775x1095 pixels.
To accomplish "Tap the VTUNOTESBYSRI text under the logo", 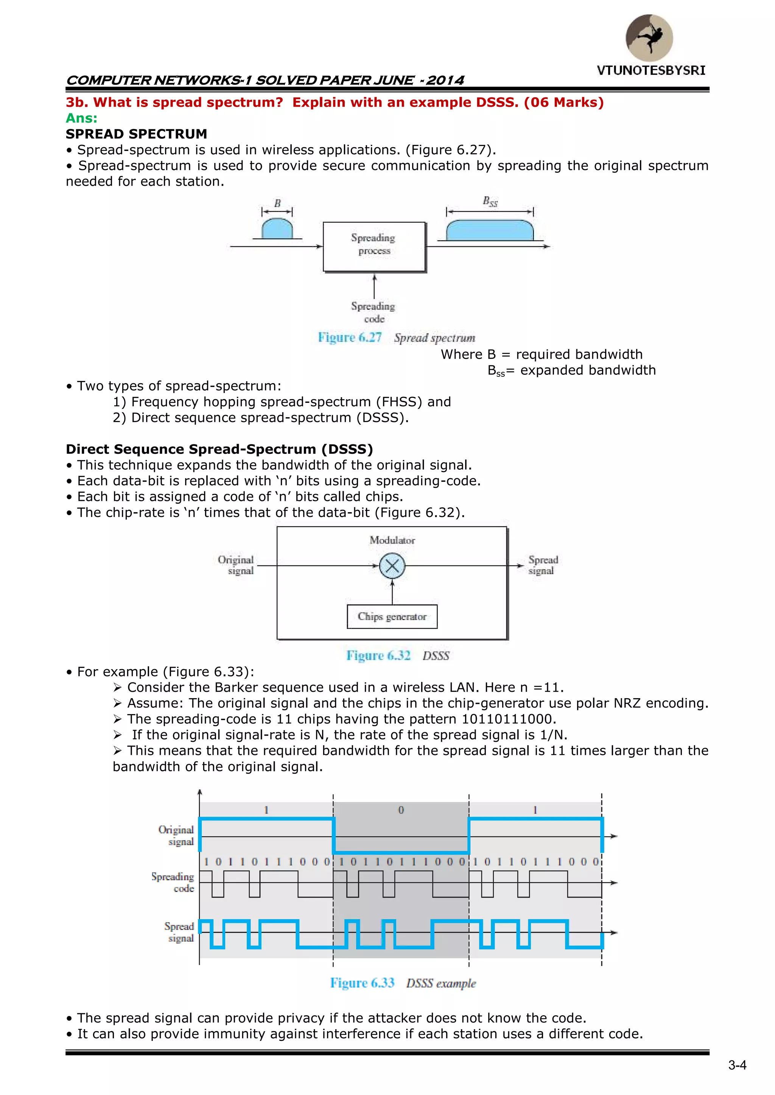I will [651, 71].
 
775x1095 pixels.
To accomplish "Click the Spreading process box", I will [374, 246].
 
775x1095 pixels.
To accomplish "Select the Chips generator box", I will [392, 617].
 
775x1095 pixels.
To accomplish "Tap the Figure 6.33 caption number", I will [362, 983].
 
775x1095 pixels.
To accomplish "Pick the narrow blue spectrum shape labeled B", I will [277, 228].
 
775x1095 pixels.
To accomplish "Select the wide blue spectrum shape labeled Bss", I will [490, 230].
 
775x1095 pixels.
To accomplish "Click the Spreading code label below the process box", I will [373, 312].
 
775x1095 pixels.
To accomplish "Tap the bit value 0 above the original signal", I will [401, 810].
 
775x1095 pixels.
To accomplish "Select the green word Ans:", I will [82, 118].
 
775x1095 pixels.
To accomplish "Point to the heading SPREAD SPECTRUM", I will [137, 134].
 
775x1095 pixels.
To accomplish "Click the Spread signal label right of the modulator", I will [543, 565].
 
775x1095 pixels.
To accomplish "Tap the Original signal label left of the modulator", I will [236, 565].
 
